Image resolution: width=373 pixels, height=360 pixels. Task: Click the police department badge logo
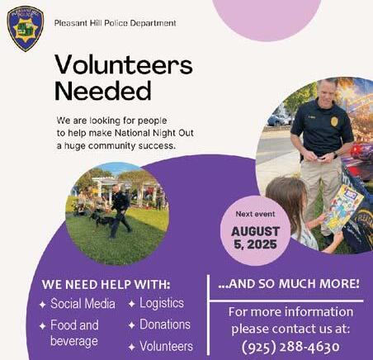coord(26,29)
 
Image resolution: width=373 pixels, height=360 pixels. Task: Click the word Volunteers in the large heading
coord(124,65)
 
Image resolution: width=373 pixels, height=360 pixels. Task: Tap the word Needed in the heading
coord(103,91)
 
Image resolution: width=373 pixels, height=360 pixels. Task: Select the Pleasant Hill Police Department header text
coord(116,23)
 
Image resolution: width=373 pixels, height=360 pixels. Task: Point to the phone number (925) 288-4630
coord(290,347)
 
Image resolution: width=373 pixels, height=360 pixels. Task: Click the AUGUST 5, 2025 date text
coord(255,238)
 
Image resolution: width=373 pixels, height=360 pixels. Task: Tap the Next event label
coord(255,214)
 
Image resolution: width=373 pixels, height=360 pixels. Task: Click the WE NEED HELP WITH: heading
coord(106,285)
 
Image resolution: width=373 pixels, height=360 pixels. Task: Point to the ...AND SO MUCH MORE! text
coord(289,284)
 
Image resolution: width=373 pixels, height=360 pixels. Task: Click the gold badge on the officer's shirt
coord(334,121)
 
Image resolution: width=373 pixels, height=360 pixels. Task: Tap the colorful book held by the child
coord(342,208)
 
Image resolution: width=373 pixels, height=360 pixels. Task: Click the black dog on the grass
coord(103,220)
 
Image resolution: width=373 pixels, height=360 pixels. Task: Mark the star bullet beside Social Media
coord(42,305)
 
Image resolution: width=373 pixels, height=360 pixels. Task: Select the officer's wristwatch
coord(335,155)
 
